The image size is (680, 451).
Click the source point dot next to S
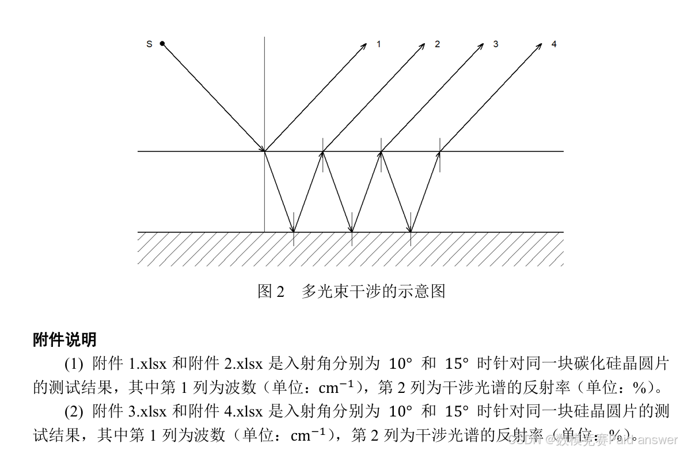tap(162, 43)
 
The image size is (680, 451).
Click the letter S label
tap(149, 44)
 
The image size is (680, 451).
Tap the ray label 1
tap(378, 44)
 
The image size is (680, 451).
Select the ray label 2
tap(437, 44)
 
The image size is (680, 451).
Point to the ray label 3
tap(495, 44)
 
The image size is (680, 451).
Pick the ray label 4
tap(554, 44)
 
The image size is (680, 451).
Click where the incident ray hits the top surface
tap(264, 151)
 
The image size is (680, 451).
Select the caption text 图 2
tap(271, 291)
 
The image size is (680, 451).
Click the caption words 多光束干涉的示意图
tap(373, 291)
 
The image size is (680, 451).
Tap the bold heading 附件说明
tap(64, 340)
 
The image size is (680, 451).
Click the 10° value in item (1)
tap(401, 364)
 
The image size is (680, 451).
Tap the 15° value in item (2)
tap(457, 411)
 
